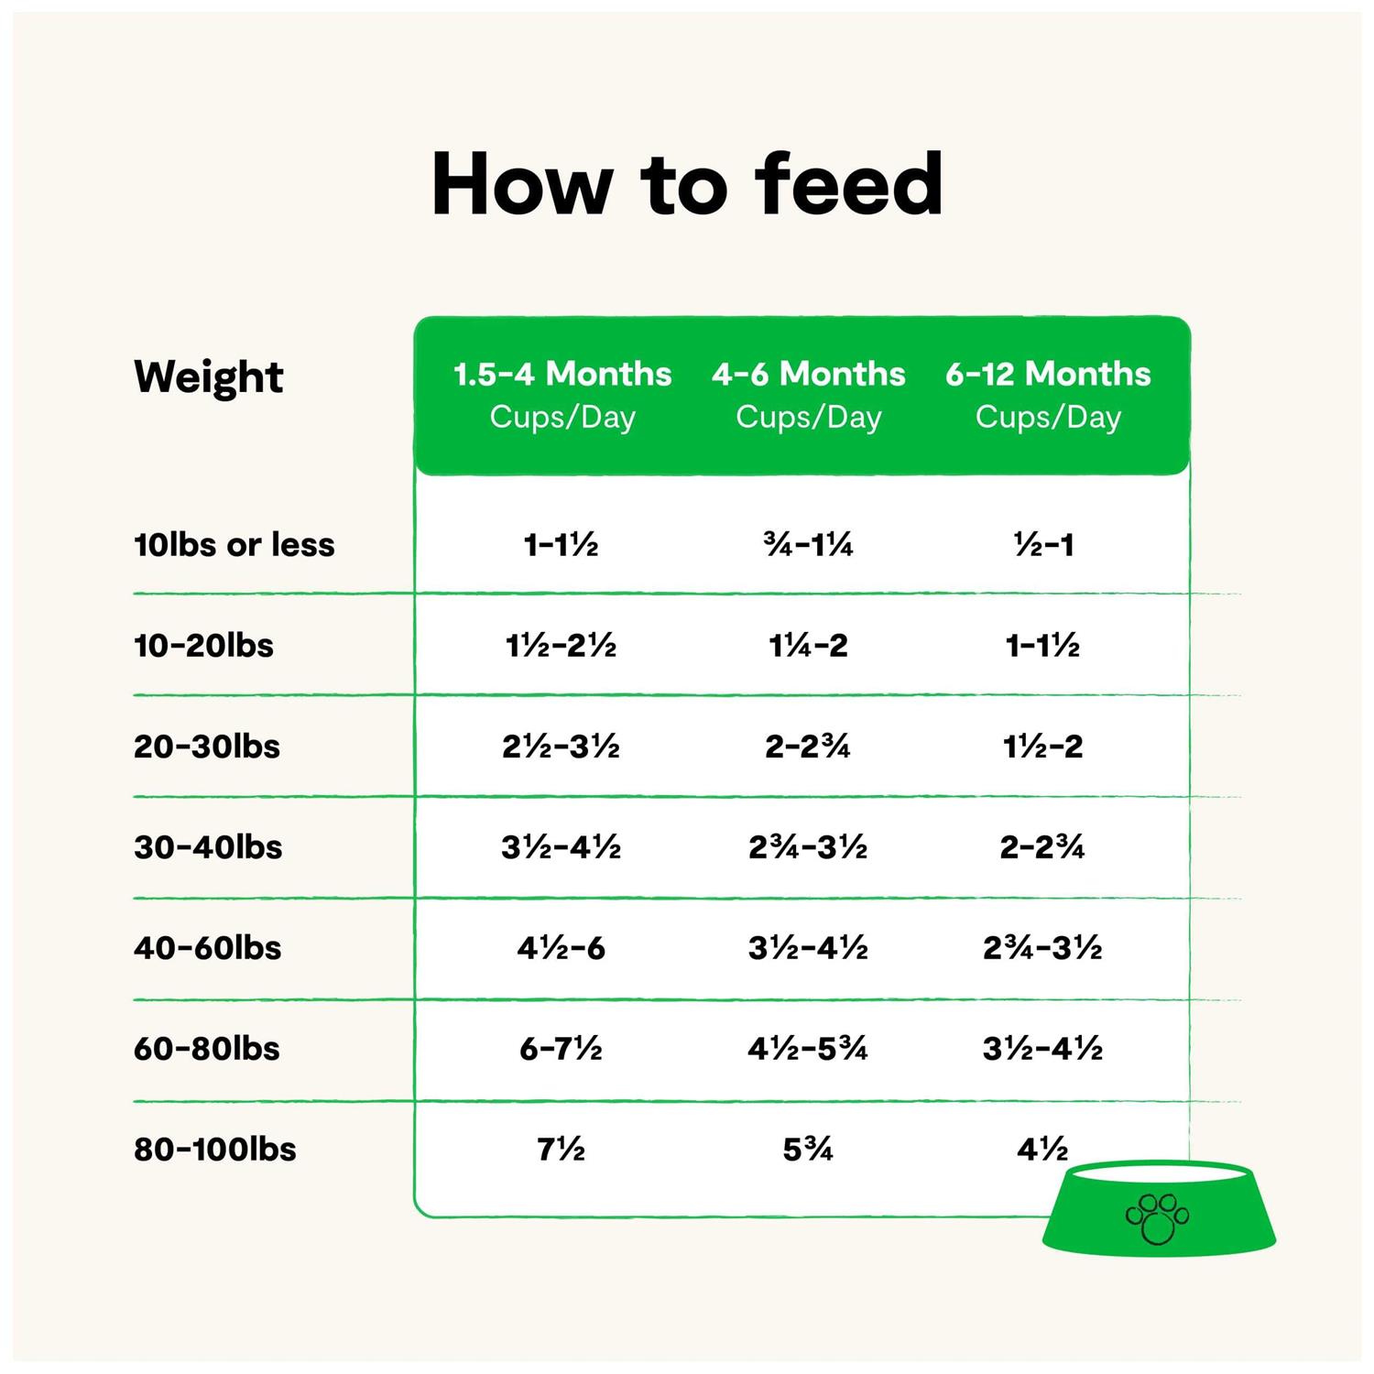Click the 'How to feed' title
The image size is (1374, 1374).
687,185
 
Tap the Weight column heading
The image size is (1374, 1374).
209,376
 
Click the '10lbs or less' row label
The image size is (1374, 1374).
234,545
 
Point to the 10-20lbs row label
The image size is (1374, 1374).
203,646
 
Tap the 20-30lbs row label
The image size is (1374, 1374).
207,747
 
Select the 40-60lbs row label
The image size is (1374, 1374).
208,948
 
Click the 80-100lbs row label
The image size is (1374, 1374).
215,1150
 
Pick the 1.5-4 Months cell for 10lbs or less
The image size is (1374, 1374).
561,546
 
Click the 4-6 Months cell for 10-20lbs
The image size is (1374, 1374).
808,646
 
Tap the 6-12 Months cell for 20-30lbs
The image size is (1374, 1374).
1042,747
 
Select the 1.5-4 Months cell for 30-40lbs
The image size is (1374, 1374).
561,847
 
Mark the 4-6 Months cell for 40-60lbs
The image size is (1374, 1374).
808,948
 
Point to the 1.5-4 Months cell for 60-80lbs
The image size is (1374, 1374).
561,1049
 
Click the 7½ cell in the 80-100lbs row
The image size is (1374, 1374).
561,1150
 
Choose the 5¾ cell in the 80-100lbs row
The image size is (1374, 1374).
808,1150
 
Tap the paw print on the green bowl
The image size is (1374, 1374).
1157,1218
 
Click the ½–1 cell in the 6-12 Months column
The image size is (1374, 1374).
1043,546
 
